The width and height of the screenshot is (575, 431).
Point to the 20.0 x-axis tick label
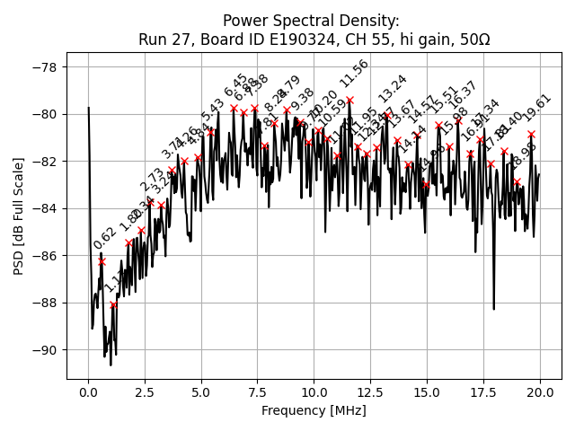[540, 393]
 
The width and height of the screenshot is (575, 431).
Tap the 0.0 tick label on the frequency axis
[88, 393]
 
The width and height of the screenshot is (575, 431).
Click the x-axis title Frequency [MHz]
[314, 410]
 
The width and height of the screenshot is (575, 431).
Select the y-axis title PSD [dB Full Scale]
[18, 208]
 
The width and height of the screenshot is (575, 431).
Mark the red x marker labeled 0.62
[102, 261]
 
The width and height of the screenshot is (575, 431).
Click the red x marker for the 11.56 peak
[349, 101]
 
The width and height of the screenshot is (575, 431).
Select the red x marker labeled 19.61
[531, 134]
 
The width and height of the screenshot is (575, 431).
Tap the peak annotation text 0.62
[105, 239]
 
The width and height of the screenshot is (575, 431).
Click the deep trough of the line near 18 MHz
[494, 308]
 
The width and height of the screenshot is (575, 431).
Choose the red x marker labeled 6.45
[234, 108]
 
